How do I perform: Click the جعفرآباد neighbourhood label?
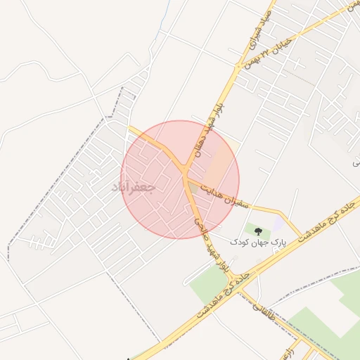tap(133, 188)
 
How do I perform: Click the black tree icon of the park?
tap(257, 231)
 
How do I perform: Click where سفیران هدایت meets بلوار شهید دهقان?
tap(185, 176)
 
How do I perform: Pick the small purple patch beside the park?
tap(278, 223)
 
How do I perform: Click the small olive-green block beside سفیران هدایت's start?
tap(194, 187)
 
